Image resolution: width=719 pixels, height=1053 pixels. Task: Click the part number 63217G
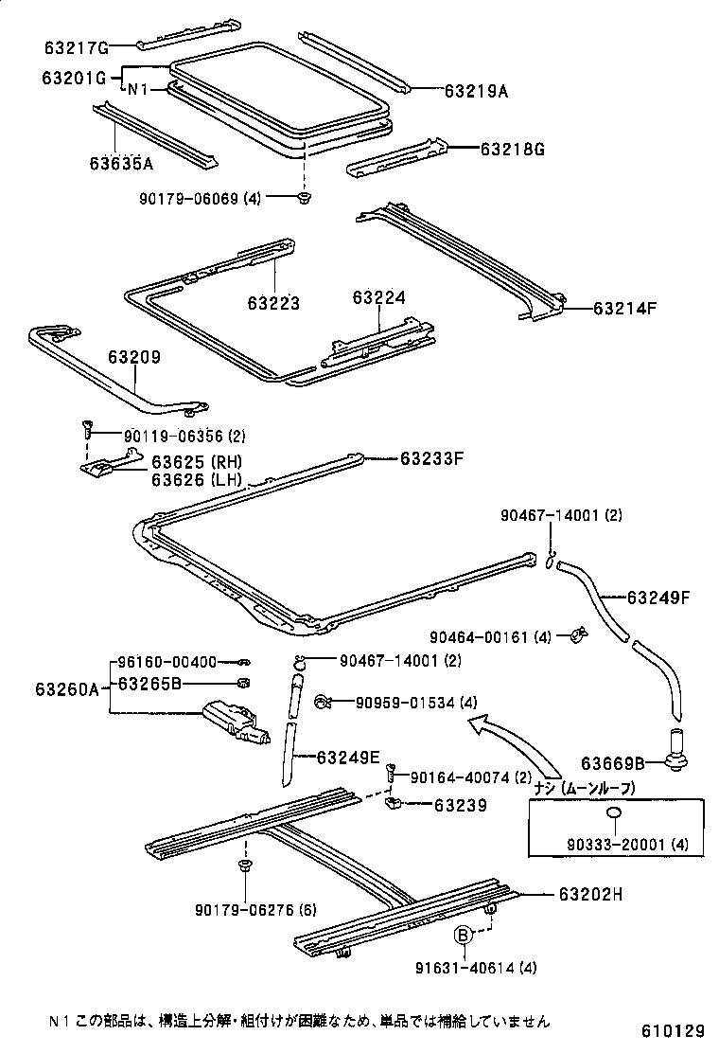(x=77, y=46)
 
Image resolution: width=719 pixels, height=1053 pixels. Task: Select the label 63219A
(x=476, y=91)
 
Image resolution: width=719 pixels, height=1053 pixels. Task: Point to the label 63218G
(x=513, y=149)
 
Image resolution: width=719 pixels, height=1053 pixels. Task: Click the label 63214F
(x=625, y=308)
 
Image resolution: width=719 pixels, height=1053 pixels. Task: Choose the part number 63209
(x=133, y=358)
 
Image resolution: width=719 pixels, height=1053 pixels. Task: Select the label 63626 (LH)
(x=197, y=479)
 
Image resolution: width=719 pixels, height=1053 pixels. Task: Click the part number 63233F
(x=431, y=458)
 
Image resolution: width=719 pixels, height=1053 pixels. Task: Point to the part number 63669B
(x=613, y=762)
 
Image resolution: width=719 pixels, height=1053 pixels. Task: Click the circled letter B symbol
(x=464, y=935)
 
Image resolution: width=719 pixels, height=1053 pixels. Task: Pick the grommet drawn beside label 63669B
(x=677, y=750)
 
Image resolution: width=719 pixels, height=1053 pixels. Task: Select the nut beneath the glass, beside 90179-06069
(x=304, y=198)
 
